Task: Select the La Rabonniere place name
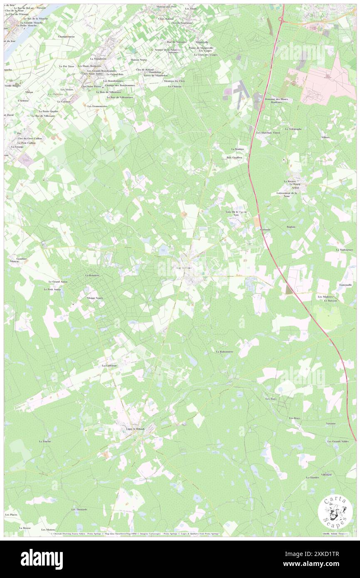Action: pos(224,351)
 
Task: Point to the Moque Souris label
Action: pos(95,298)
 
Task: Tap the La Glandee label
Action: pos(312,477)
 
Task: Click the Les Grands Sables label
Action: pos(338,441)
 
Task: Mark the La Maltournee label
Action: pos(345,249)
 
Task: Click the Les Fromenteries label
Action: pos(97,106)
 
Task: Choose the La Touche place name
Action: pos(44,441)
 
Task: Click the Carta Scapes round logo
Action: pos(335,512)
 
